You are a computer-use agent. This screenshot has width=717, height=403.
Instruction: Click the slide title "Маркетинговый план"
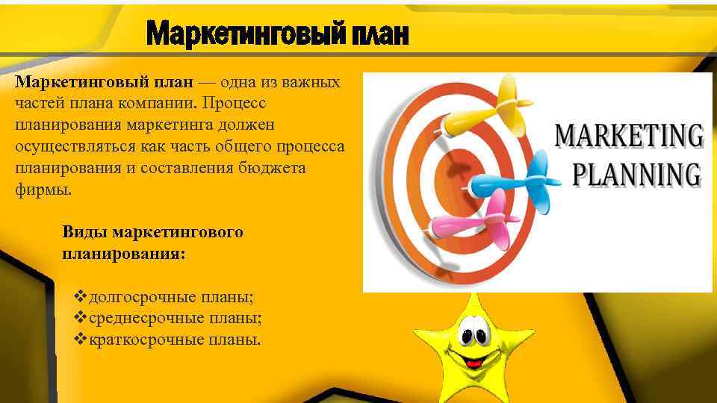pyautogui.click(x=278, y=33)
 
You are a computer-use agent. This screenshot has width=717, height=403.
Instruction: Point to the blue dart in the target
pyautogui.click(x=519, y=179)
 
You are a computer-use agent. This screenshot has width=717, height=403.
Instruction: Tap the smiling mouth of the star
pyautogui.click(x=471, y=360)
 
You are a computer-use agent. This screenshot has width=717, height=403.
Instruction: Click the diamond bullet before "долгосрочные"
pyautogui.click(x=81, y=297)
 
